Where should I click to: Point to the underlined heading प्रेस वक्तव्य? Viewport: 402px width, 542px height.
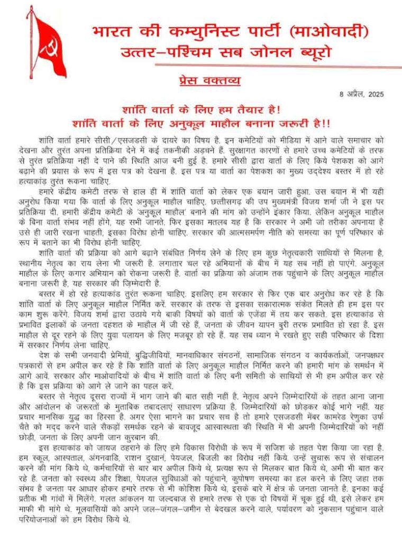tap(208, 81)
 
